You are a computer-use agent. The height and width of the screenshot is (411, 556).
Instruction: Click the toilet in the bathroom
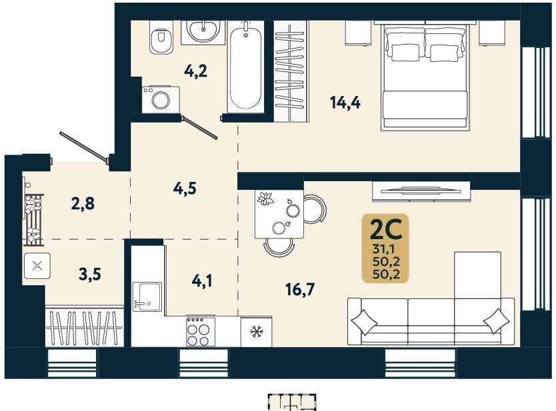161,37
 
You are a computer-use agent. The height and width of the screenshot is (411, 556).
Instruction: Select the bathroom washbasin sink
203,32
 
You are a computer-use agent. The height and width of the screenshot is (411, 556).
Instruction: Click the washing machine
161,99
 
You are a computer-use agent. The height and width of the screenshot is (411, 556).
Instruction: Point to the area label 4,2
195,71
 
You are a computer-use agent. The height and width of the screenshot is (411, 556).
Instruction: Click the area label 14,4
345,103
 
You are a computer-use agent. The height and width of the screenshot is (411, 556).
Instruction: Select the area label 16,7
300,290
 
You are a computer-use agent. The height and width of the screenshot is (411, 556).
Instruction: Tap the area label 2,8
83,204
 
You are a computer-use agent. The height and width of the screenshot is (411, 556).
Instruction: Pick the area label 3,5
90,274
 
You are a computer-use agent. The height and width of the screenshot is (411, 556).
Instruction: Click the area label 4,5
185,189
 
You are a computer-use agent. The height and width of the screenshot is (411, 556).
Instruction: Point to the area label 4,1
202,281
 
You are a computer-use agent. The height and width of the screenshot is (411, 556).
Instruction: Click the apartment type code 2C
385,230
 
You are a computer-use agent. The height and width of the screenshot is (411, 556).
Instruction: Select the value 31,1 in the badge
384,249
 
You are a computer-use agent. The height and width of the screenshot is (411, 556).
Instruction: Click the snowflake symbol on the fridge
255,332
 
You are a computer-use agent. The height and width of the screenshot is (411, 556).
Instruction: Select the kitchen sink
147,296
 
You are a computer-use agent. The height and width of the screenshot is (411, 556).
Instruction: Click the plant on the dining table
265,199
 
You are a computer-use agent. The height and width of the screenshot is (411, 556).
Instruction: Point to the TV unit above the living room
421,191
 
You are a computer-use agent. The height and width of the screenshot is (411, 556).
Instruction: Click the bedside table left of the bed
358,33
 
